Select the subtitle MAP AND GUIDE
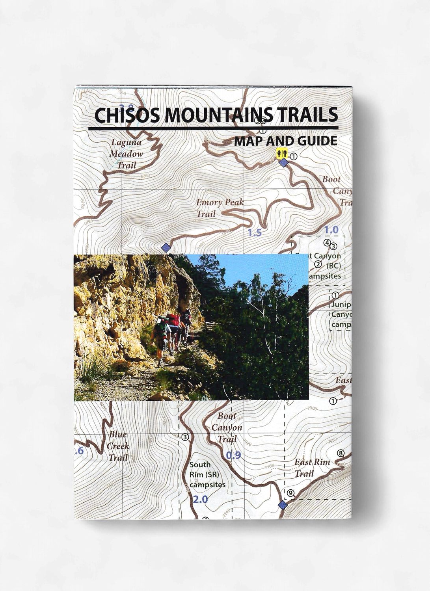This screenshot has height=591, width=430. [285, 141]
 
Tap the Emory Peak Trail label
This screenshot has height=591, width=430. [220, 208]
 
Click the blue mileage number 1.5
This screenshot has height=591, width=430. [255, 233]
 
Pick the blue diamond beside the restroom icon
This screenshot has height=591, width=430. [283, 163]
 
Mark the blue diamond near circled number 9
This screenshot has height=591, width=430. [282, 506]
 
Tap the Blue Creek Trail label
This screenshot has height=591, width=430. [118, 446]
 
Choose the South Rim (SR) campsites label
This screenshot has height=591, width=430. [207, 475]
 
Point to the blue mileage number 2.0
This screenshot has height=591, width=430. [200, 500]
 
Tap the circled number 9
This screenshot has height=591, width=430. [290, 492]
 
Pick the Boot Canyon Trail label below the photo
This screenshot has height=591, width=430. [227, 427]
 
